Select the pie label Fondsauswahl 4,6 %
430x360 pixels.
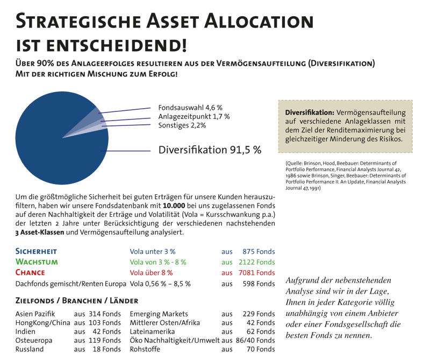coord(190,107)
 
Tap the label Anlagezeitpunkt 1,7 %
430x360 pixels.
coord(194,116)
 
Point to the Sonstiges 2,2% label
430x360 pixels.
coord(182,125)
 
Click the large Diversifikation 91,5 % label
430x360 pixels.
coord(210,150)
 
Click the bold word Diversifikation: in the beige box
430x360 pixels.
coord(310,112)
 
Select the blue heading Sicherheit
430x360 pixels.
coord(36,251)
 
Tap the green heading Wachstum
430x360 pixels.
coord(37,262)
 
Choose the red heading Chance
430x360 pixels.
coord(30,273)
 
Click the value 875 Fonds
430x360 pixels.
coord(259,251)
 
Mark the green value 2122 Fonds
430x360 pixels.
coord(256,262)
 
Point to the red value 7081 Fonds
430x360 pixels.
coord(256,273)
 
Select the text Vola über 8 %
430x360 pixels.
coord(152,273)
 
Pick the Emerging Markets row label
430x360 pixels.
coord(159,314)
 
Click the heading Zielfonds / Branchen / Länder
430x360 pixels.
coord(77,300)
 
